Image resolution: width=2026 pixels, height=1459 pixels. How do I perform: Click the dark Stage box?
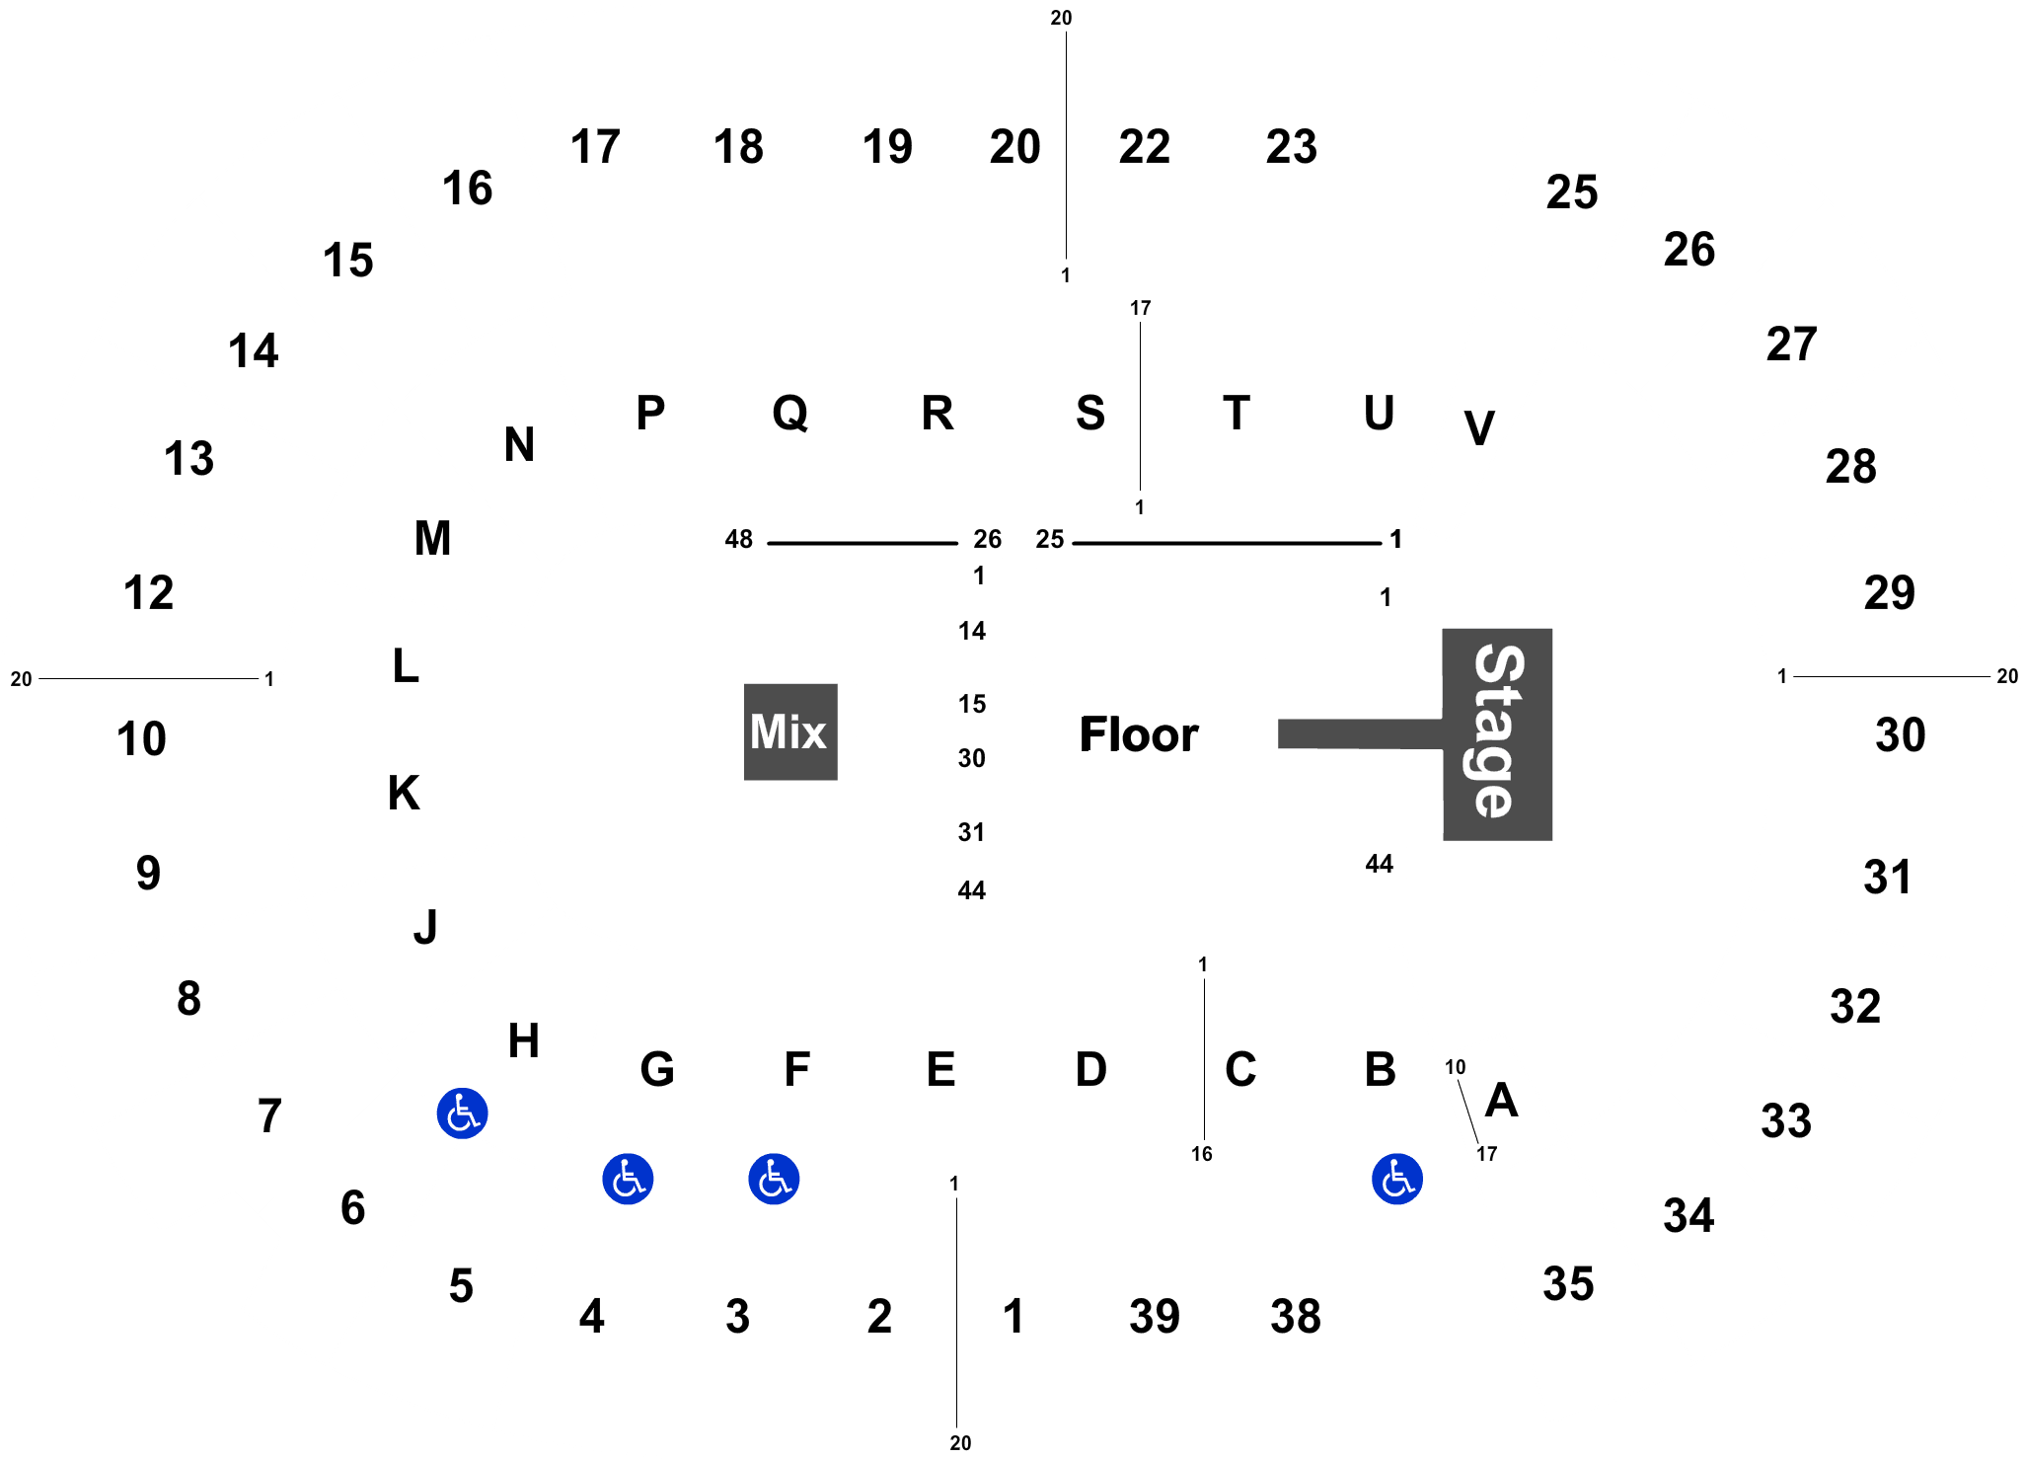[1497, 734]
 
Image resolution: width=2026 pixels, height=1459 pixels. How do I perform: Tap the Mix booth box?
[790, 731]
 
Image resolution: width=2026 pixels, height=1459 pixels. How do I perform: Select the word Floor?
[1139, 734]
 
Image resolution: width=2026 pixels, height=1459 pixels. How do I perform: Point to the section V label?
[1479, 428]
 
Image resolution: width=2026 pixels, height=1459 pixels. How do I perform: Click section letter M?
[433, 539]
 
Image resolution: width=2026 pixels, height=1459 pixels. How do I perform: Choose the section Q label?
[790, 414]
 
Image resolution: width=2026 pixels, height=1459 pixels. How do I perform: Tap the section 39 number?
[1155, 1316]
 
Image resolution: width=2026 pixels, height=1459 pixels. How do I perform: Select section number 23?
[1292, 147]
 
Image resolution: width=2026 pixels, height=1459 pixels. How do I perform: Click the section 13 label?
[188, 459]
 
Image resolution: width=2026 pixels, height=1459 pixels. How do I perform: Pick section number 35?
[1568, 1284]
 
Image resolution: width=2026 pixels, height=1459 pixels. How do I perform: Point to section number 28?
[1850, 467]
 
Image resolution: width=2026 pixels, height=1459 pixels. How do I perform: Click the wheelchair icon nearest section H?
[462, 1113]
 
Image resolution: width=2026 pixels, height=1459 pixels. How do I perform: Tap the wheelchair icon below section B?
[1397, 1179]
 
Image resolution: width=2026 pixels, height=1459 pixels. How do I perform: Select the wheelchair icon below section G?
[628, 1179]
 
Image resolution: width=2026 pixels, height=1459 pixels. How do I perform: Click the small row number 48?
[739, 539]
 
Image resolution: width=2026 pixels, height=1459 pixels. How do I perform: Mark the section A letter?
[1501, 1100]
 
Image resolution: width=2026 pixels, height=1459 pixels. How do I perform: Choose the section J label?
[425, 927]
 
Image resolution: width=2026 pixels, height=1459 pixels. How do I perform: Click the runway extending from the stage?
[1361, 733]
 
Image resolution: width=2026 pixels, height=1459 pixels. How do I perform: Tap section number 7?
[269, 1116]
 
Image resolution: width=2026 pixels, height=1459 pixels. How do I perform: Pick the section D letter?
[1091, 1069]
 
